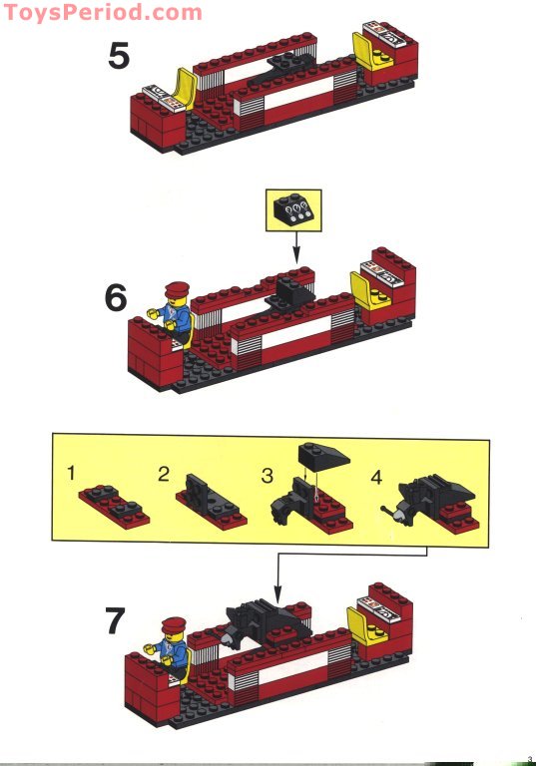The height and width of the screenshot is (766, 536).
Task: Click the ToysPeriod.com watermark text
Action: (x=101, y=12)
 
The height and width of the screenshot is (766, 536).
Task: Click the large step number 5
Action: (x=119, y=56)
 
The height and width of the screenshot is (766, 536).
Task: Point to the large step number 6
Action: (x=118, y=297)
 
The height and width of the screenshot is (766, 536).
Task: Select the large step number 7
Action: (x=116, y=620)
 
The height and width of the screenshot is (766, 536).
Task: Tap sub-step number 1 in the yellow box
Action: (x=72, y=472)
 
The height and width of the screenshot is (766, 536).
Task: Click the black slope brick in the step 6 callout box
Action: (x=291, y=207)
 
